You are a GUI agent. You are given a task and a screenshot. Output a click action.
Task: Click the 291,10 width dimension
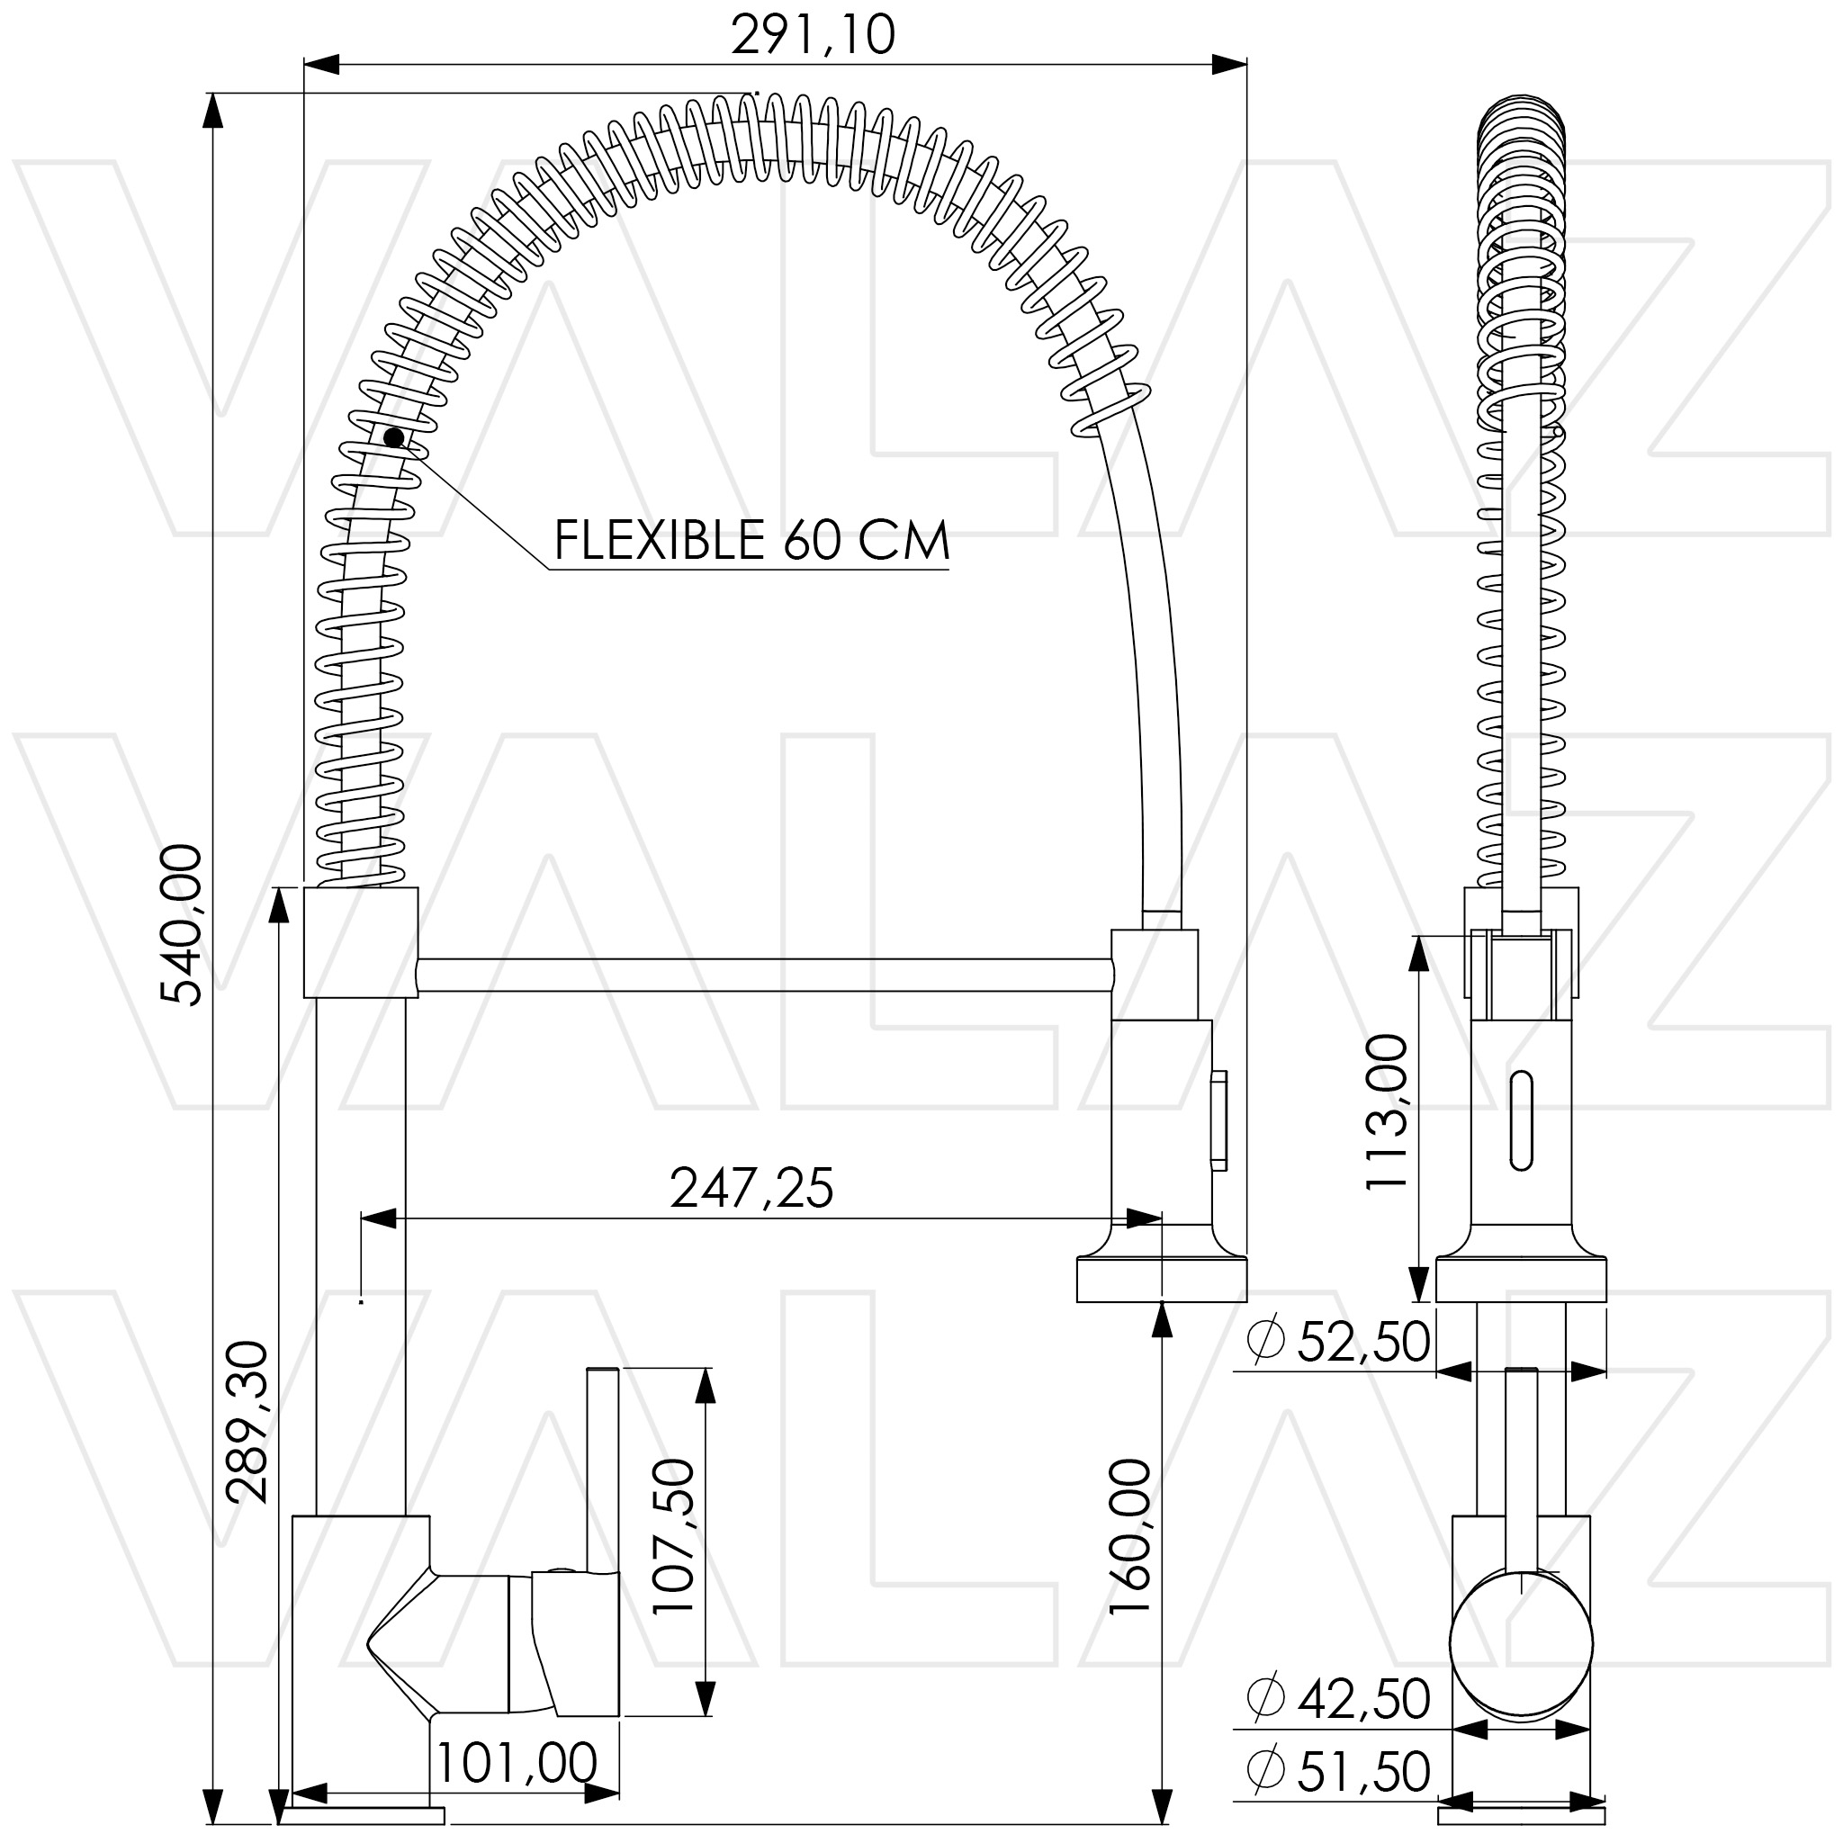point(813,35)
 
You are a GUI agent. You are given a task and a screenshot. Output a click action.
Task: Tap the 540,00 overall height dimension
point(181,924)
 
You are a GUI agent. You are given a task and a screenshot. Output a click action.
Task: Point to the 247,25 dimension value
point(751,1189)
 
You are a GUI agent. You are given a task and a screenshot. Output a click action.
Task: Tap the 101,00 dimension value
point(516,1763)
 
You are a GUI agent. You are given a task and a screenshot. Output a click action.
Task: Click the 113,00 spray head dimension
point(1386,1111)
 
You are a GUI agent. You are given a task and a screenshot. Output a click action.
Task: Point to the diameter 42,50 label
point(1338,1699)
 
